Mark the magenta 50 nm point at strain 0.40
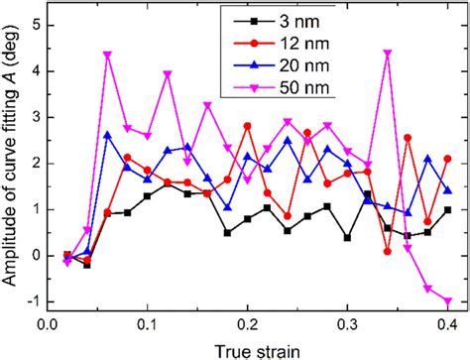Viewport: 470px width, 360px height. tap(448, 301)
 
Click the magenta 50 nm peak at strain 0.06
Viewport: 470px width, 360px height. tap(107, 54)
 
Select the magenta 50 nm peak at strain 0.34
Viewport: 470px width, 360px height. tap(388, 53)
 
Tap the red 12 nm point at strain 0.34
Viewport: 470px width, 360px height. tap(388, 251)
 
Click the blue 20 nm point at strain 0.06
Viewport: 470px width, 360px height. tap(107, 135)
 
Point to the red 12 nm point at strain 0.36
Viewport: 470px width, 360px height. tap(408, 138)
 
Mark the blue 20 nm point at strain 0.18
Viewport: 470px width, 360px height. tap(227, 207)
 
